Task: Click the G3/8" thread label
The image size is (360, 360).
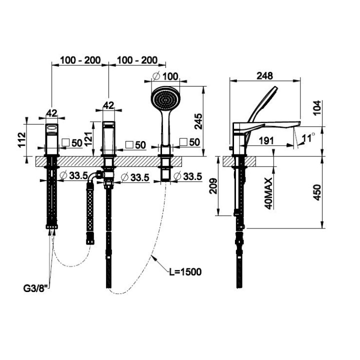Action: click(x=36, y=288)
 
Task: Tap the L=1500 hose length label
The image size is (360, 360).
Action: click(x=185, y=272)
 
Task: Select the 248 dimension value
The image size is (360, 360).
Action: click(x=264, y=76)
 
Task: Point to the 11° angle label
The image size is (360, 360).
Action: click(x=308, y=138)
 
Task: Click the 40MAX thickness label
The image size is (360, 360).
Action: click(x=268, y=193)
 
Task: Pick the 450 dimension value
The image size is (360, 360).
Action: click(x=317, y=192)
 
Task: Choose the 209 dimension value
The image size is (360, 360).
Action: click(x=213, y=186)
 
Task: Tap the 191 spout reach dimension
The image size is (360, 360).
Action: click(x=266, y=140)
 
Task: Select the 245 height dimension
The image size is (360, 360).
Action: click(x=198, y=121)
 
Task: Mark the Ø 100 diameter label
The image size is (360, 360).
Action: click(x=165, y=76)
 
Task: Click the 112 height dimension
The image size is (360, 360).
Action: click(x=22, y=139)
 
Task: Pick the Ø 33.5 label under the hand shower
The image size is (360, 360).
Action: click(x=188, y=176)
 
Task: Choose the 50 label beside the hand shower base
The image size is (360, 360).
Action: click(x=190, y=142)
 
